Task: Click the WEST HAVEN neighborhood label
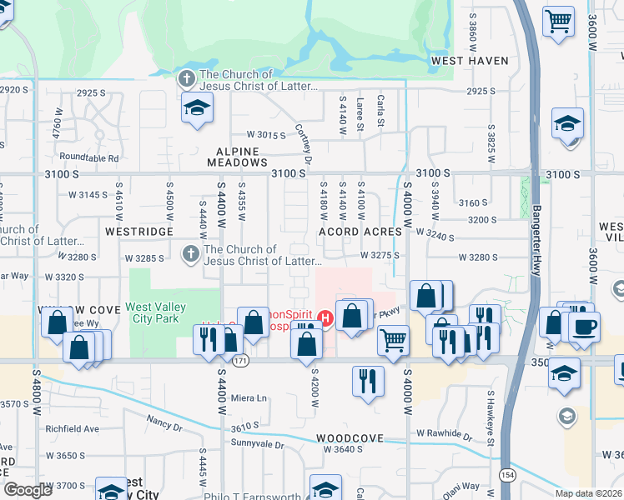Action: tap(470, 61)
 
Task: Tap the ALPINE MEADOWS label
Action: tap(242, 162)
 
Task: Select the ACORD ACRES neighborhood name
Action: tap(360, 232)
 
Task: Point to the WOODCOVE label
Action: tap(350, 438)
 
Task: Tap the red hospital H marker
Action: tap(325, 318)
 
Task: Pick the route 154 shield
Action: tap(507, 474)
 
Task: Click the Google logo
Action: tap(28, 490)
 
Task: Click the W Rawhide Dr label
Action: tap(450, 433)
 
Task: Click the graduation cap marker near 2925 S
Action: tap(197, 107)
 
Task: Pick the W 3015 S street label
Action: tap(265, 134)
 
